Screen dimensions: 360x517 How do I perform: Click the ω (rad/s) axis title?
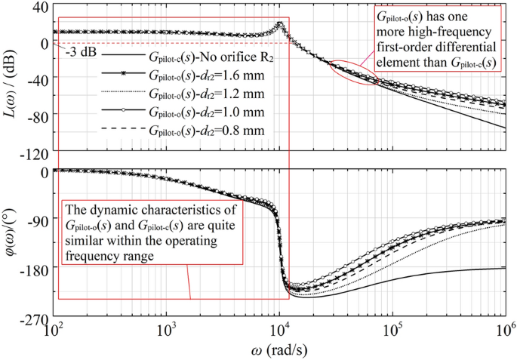point(279,350)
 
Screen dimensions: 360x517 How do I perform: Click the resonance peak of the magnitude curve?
point(280,23)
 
